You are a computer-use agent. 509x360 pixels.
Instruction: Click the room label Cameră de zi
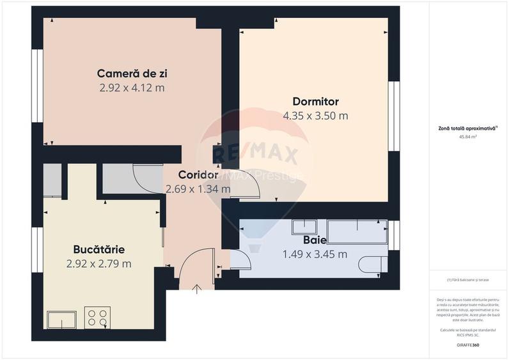[x=132, y=73]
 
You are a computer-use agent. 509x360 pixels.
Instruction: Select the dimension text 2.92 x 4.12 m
[x=132, y=88]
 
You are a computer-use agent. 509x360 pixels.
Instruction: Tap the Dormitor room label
[x=315, y=101]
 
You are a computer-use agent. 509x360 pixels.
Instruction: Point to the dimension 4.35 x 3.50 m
[x=315, y=116]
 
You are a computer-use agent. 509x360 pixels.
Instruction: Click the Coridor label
[x=198, y=175]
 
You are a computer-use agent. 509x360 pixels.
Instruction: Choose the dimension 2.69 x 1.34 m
[x=198, y=189]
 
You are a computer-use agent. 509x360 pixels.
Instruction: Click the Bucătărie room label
[x=98, y=249]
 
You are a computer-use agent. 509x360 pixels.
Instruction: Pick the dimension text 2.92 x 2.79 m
[x=98, y=263]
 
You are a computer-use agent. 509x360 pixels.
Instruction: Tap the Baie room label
[x=315, y=240]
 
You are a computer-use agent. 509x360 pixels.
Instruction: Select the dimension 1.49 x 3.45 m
[x=315, y=254]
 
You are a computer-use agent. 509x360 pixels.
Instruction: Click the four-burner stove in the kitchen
[x=97, y=318]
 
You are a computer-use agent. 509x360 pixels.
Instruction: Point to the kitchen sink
[x=61, y=319]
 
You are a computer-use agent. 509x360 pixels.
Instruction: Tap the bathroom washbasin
[x=304, y=227]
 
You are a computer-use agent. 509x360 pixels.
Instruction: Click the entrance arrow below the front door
[x=197, y=289]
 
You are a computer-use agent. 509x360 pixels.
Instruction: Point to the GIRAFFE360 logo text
[x=469, y=345]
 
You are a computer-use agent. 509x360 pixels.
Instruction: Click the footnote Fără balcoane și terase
[x=469, y=280]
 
